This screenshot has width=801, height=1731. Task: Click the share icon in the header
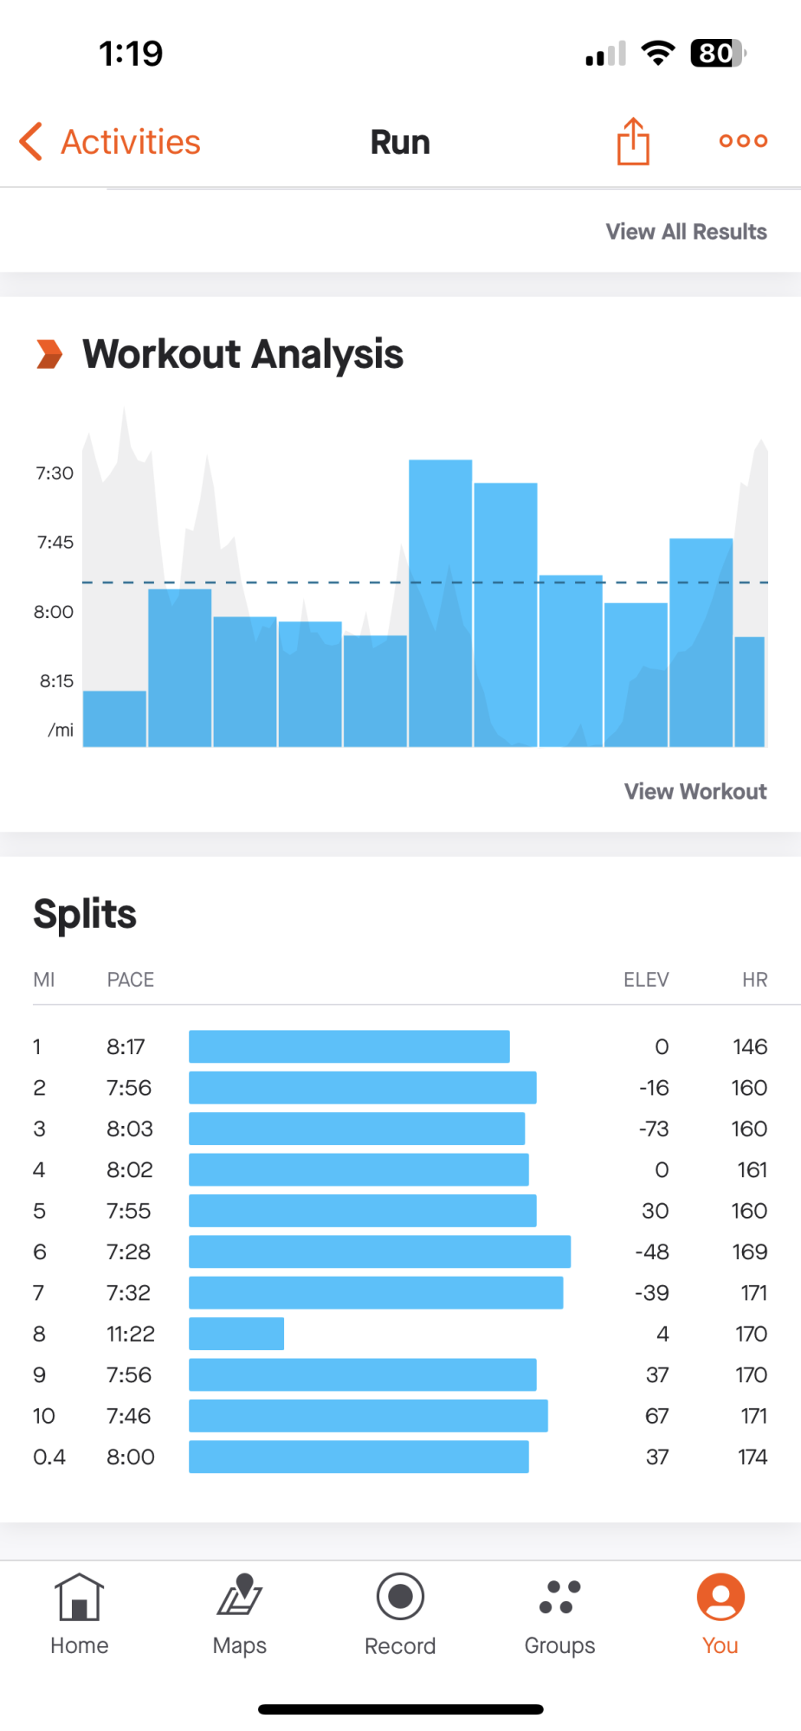tap(633, 141)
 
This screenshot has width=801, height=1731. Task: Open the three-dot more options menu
tap(743, 141)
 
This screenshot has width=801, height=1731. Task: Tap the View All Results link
tap(686, 232)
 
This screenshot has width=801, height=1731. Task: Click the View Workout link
tap(695, 792)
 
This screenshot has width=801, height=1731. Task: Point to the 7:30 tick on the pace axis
tap(55, 473)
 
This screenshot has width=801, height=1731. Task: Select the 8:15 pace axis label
tap(56, 681)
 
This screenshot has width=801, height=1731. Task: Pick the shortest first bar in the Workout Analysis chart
tap(114, 718)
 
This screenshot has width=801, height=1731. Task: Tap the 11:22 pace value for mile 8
tap(131, 1334)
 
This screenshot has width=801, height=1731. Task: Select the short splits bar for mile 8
tap(236, 1334)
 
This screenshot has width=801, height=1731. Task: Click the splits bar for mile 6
tap(379, 1252)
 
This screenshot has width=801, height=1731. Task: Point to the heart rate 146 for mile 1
tap(750, 1047)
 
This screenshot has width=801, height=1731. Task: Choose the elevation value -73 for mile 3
tap(654, 1129)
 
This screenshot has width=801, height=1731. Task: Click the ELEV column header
tap(646, 980)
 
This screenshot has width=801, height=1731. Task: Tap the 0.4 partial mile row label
tap(49, 1458)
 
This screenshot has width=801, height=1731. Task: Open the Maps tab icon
tap(240, 1597)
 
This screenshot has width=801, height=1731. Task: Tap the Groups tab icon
tap(559, 1597)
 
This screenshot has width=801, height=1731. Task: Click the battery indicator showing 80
tap(717, 54)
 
